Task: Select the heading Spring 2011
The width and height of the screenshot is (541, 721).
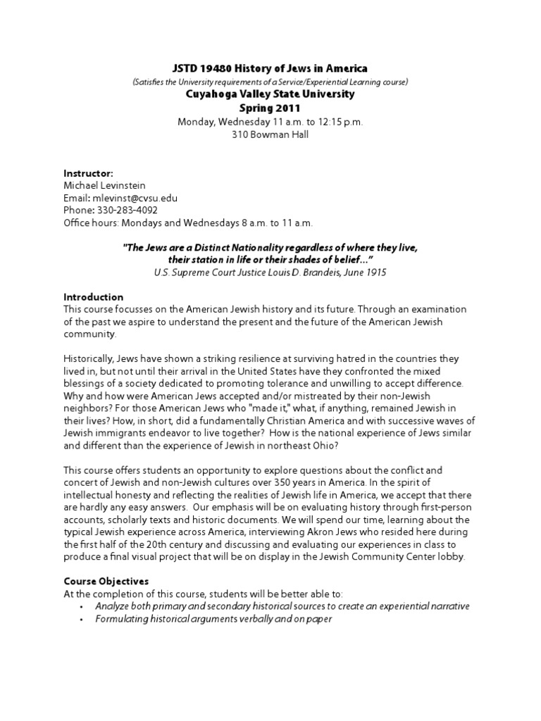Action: coord(270,108)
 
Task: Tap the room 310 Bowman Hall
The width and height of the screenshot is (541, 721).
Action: coord(270,134)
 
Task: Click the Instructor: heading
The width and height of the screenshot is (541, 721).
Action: coord(88,173)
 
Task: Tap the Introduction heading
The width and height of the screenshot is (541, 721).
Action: coord(94,297)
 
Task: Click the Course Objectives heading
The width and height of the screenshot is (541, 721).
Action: coord(106,582)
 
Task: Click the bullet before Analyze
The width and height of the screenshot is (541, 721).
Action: coord(82,607)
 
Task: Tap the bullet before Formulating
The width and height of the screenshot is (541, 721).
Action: coord(82,620)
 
